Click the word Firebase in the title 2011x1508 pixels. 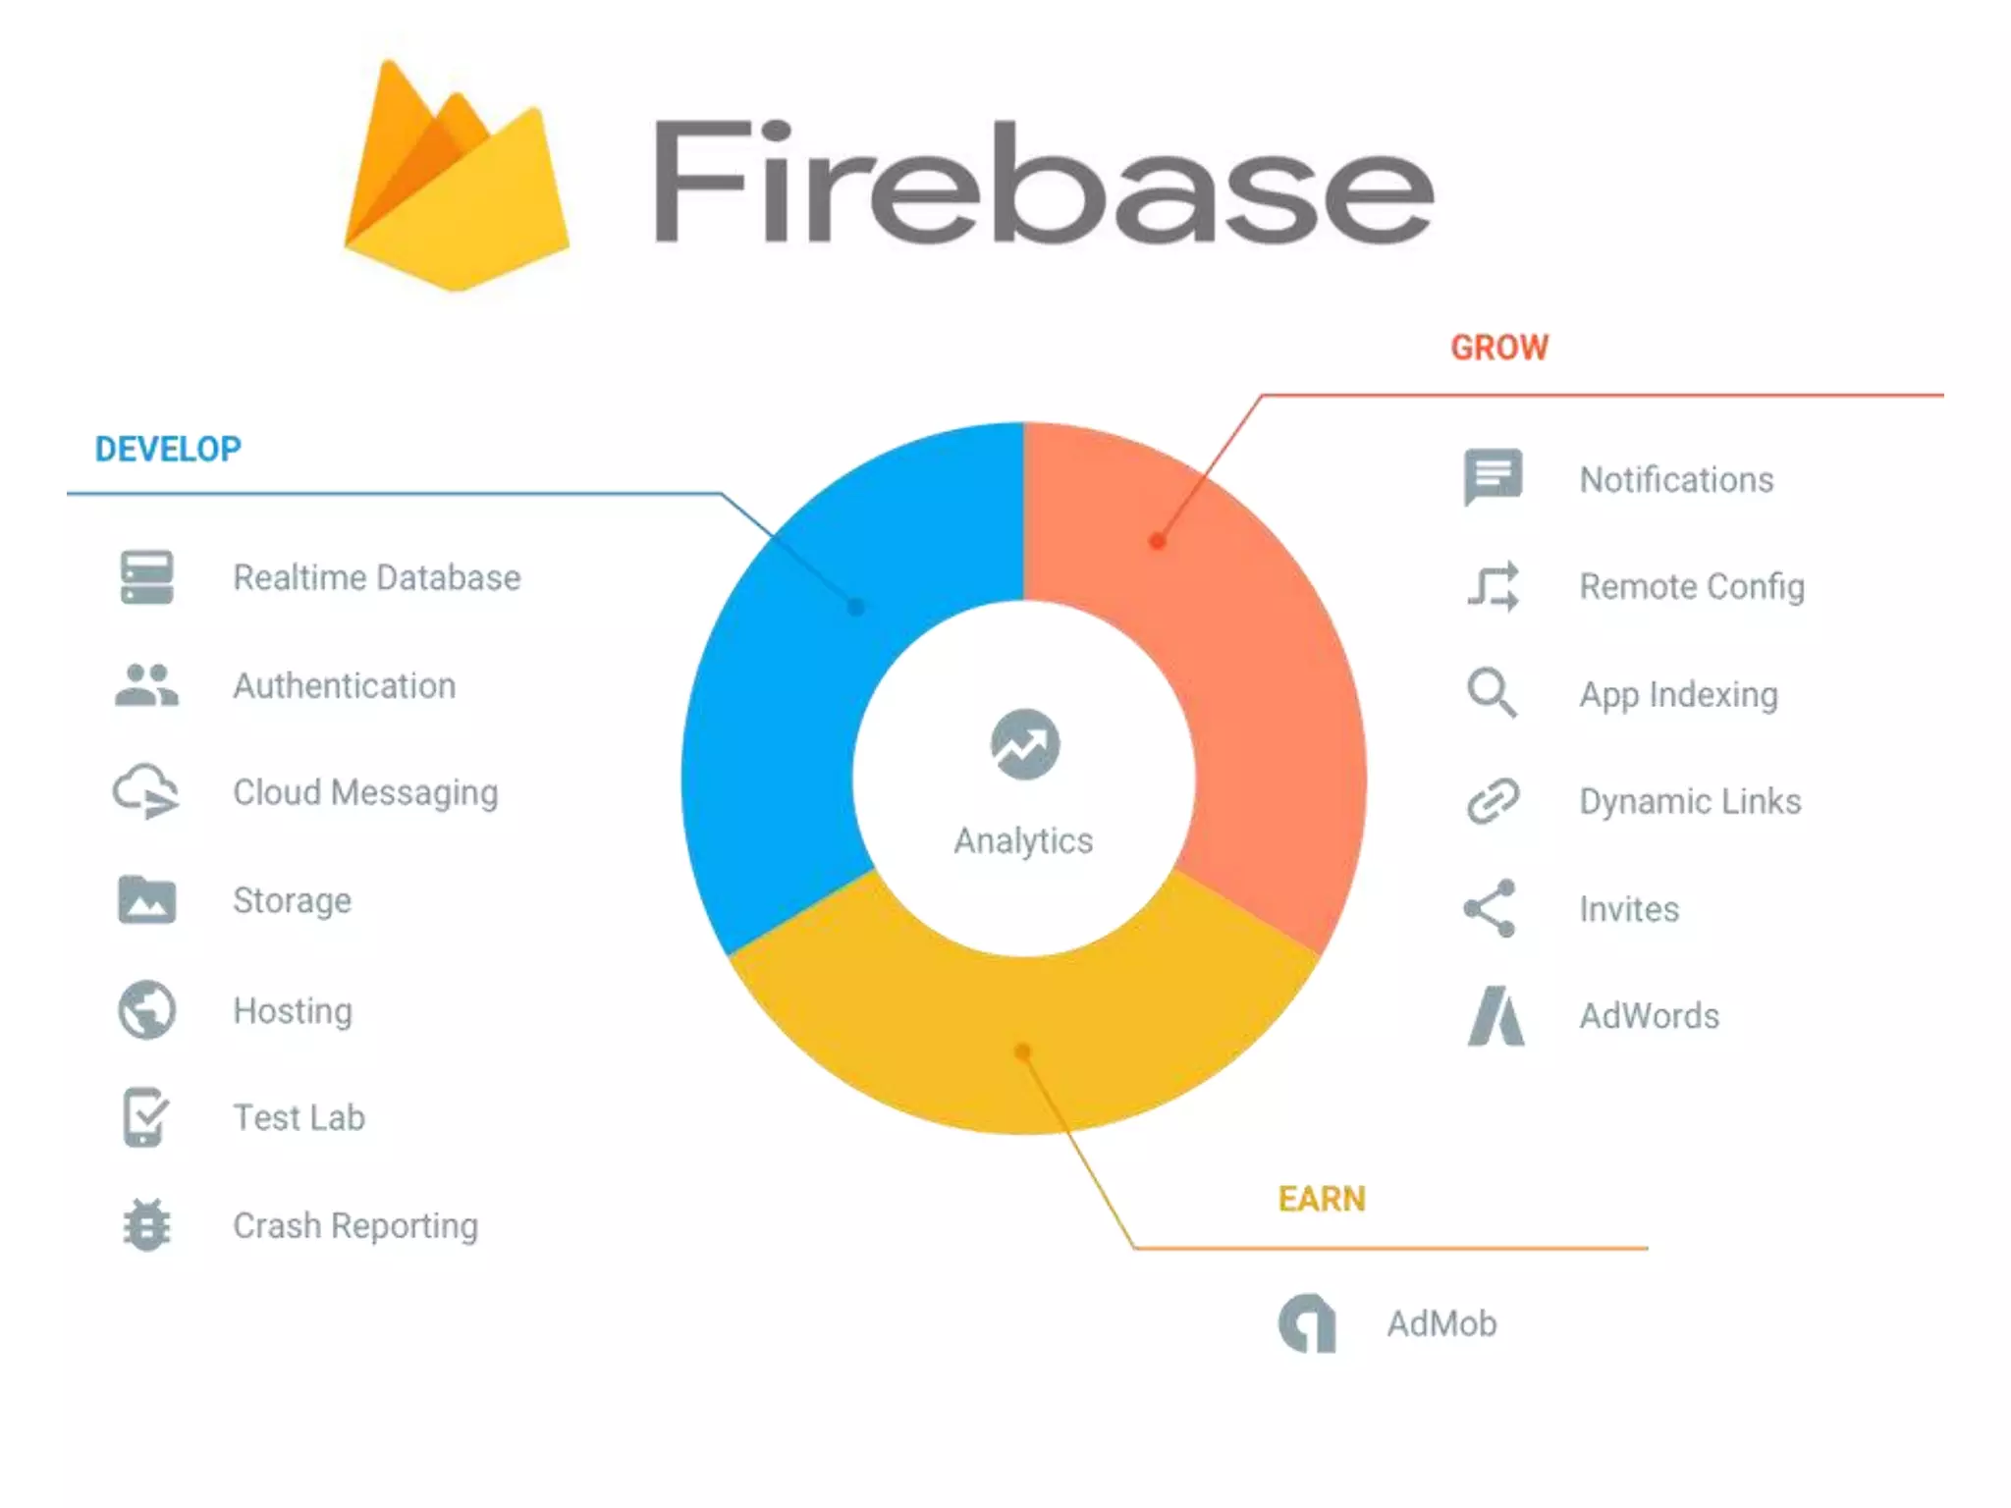1043,184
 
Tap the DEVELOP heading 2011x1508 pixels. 168,450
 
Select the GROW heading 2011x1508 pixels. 1499,348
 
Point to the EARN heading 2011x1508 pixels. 1322,1199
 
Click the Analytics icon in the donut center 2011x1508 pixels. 1024,744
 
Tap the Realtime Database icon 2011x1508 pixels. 147,577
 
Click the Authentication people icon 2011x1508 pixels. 147,685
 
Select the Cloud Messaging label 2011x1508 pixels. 365,793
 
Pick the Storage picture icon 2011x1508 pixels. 147,900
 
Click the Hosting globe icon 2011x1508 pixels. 147,1009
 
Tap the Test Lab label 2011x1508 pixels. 299,1118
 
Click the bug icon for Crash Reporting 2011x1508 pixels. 147,1225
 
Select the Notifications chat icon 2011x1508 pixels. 1493,477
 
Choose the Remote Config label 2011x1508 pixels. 1692,587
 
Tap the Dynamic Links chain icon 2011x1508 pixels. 1493,801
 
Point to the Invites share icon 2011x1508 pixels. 1491,908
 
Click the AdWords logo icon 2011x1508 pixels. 1495,1016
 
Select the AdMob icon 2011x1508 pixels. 1308,1323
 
